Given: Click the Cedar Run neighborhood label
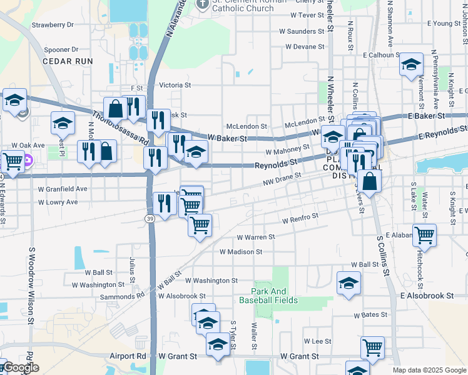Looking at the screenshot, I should pos(68,61).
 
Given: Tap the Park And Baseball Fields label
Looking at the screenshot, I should pos(275,296).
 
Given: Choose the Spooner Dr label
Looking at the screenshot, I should pos(62,49).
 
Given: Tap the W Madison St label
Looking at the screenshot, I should pos(240,252).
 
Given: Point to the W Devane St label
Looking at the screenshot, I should pos(305,47).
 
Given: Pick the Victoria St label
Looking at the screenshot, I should pos(175,85).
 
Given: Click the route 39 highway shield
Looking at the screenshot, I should pos(150,218).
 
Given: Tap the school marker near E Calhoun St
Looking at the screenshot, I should pos(411,65).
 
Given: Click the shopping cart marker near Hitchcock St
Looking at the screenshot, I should pos(425,236).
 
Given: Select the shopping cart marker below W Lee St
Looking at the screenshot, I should pos(372,347).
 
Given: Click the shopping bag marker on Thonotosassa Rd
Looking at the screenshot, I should pos(116,109).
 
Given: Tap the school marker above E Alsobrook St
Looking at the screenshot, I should pos(348,282).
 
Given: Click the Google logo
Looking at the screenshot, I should pos(20,368).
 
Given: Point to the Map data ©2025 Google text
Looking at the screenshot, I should pos(429,370).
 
